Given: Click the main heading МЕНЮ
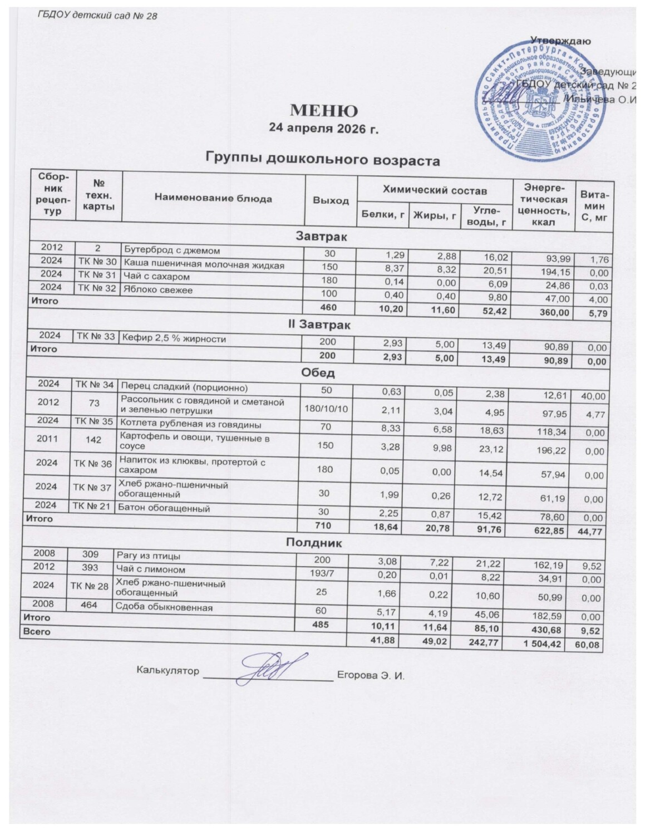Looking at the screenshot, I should click(x=323, y=110).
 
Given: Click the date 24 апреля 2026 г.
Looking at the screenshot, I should click(x=323, y=129).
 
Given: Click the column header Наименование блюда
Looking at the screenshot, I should click(x=213, y=198).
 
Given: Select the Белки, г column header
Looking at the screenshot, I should click(x=383, y=214).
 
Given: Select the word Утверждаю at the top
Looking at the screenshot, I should click(x=561, y=41).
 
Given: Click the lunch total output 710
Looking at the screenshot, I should click(x=323, y=526).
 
